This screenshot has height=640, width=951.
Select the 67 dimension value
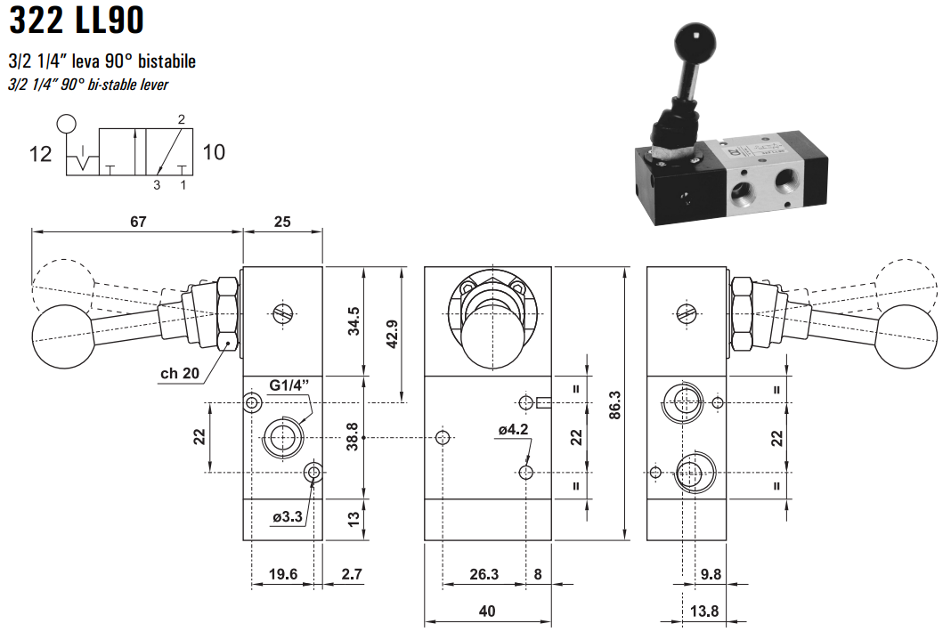click(x=137, y=221)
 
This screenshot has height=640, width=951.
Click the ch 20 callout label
click(x=179, y=373)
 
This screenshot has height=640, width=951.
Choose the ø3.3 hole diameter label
click(x=288, y=515)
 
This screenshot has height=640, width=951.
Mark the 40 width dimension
click(x=486, y=611)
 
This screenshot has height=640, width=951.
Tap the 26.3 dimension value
click(x=484, y=574)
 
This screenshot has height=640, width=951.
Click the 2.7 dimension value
click(x=352, y=574)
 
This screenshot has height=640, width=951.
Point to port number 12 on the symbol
click(x=41, y=154)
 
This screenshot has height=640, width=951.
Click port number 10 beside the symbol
click(x=214, y=152)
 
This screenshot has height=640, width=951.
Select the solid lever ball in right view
click(x=907, y=334)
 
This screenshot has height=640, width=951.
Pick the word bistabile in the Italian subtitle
click(x=165, y=61)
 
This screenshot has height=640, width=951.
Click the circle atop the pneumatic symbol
click(x=66, y=123)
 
